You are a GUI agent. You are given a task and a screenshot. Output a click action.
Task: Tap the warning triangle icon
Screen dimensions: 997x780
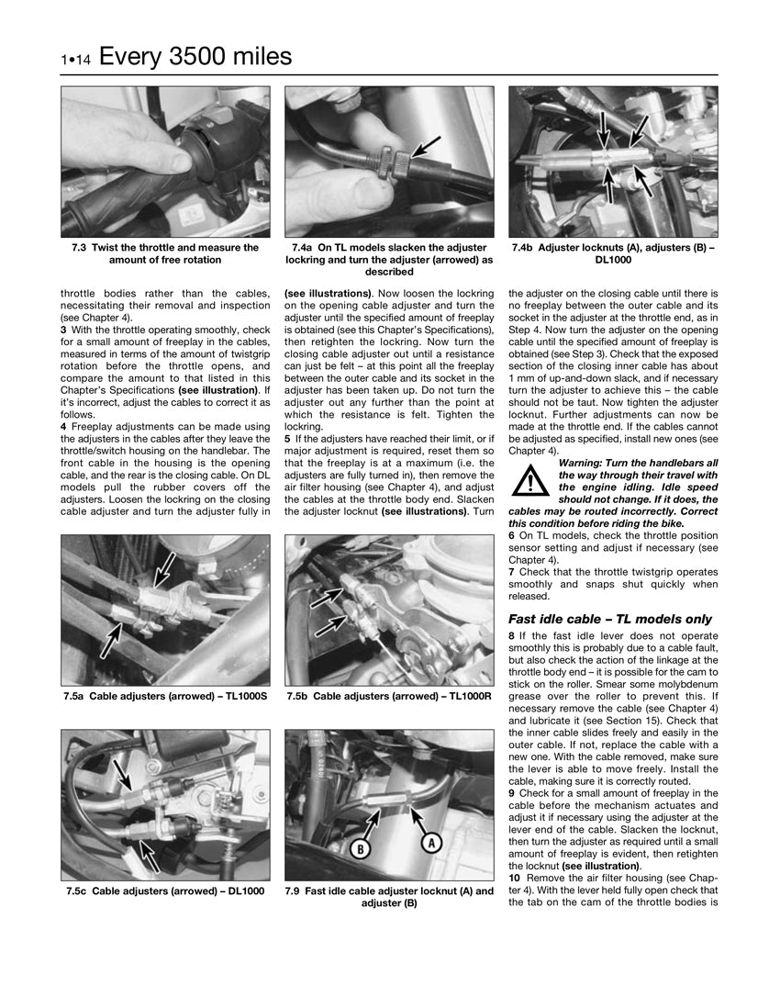coord(529,480)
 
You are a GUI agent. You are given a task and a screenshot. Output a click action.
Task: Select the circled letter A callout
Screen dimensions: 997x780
coord(429,842)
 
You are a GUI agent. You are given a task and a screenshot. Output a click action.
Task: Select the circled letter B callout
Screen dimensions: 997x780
coord(362,848)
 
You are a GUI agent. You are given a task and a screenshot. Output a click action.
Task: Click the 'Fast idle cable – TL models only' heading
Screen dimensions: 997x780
coord(610,619)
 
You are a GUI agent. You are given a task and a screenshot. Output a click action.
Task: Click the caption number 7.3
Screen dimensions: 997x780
coord(81,248)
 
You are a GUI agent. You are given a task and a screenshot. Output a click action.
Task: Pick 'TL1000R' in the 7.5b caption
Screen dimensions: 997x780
coord(468,697)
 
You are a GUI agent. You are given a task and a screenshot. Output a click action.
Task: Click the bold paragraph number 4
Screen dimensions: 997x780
coord(63,426)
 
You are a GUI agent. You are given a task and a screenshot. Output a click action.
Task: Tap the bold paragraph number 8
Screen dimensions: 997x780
coord(511,636)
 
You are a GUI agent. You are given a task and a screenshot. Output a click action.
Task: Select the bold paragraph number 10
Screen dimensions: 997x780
coord(514,878)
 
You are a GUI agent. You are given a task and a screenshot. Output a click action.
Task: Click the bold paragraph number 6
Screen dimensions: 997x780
coord(511,535)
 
